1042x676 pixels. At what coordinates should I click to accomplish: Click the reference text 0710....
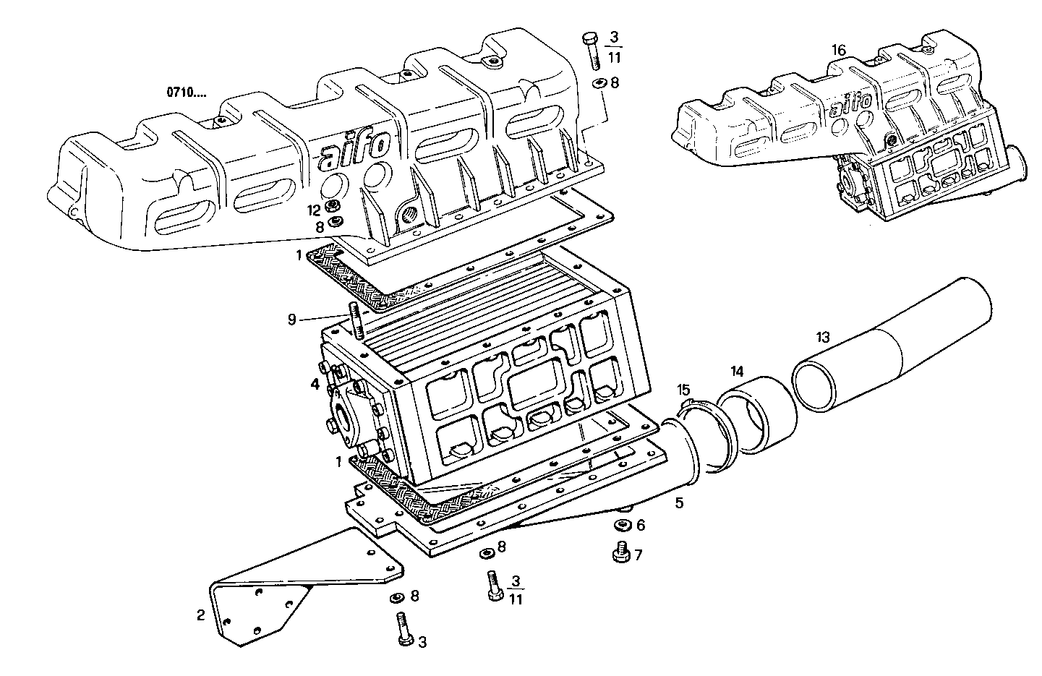(186, 92)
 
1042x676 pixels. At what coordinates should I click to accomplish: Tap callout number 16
(838, 50)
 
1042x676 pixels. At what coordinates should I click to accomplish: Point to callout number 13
(823, 337)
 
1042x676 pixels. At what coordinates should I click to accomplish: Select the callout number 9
(292, 319)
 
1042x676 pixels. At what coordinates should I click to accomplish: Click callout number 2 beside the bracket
(200, 615)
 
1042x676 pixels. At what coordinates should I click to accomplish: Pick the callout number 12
(312, 210)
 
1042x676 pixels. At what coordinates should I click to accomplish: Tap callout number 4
(315, 385)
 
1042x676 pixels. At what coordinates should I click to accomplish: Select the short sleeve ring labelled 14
(758, 415)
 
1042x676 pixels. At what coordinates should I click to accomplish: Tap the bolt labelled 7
(619, 553)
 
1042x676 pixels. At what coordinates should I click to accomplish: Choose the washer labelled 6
(621, 524)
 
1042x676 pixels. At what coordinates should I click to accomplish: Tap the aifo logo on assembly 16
(854, 102)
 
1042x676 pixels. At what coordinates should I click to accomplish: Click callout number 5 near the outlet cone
(678, 502)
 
